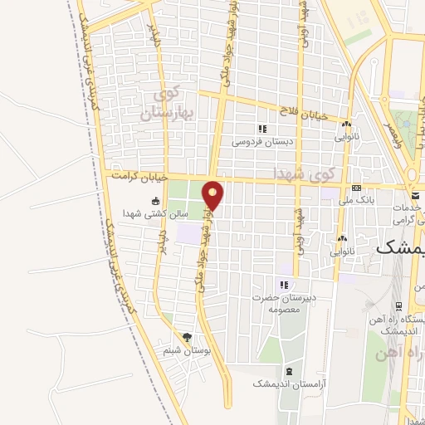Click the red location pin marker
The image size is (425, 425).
(213, 194)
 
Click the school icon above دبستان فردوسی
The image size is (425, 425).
(262, 129)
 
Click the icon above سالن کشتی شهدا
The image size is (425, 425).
(155, 201)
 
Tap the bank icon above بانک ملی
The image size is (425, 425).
(356, 188)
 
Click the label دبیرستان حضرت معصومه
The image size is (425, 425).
(283, 302)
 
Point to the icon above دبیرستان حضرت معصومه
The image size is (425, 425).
(283, 285)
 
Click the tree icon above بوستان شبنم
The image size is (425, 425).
(188, 338)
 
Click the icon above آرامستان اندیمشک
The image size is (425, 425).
(288, 371)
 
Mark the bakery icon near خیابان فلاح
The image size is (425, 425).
(344, 122)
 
